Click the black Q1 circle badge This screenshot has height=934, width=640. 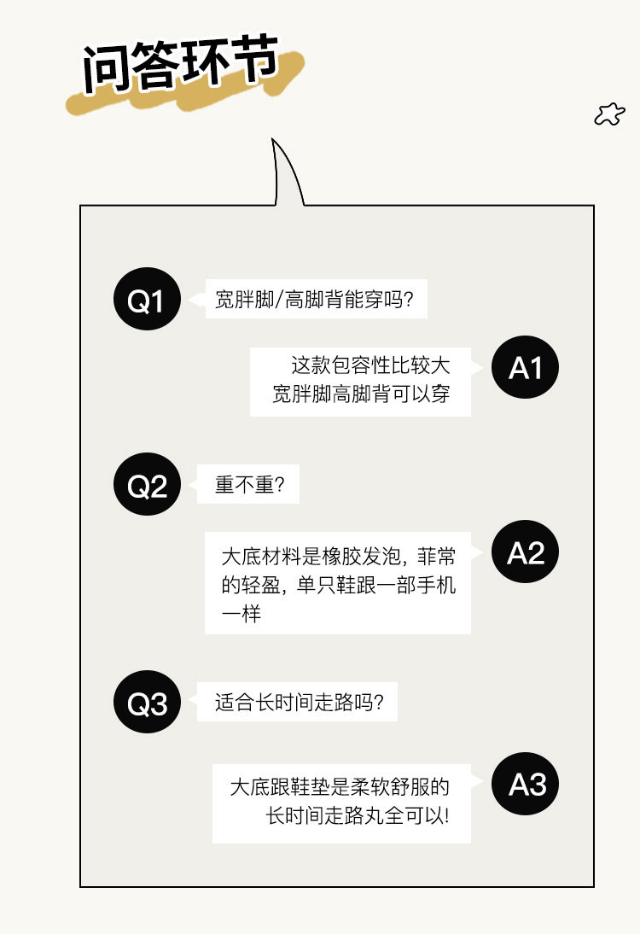click(x=147, y=300)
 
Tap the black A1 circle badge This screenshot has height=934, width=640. click(x=525, y=368)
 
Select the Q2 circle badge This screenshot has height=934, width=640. click(x=147, y=486)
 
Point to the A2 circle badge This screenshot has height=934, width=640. click(x=525, y=554)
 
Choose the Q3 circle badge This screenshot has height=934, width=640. click(x=147, y=704)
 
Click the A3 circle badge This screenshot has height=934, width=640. click(x=526, y=785)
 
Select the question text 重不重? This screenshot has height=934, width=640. click(x=249, y=486)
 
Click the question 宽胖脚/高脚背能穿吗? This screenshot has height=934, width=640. click(x=315, y=301)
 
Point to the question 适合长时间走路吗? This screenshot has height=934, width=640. click(x=299, y=703)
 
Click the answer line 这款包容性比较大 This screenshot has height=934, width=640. click(x=370, y=366)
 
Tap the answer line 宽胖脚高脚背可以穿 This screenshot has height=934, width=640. click(x=361, y=394)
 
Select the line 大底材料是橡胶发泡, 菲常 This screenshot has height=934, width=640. click(x=338, y=557)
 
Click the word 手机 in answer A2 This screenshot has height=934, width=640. click(x=435, y=586)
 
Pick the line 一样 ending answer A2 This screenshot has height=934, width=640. click(x=240, y=614)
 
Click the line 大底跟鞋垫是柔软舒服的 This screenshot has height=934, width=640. click(x=340, y=785)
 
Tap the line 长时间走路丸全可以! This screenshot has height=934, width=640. click(x=358, y=814)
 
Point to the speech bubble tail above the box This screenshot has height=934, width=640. click(x=285, y=174)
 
